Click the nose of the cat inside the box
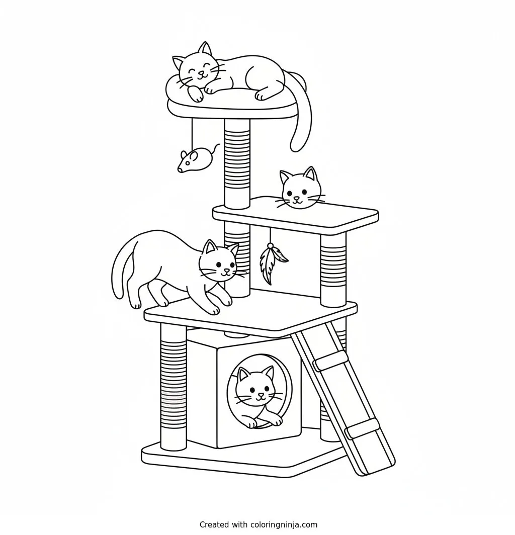click(x=261, y=394)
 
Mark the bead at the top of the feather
click(x=270, y=245)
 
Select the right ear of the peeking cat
click(x=310, y=173)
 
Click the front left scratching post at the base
click(x=174, y=386)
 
